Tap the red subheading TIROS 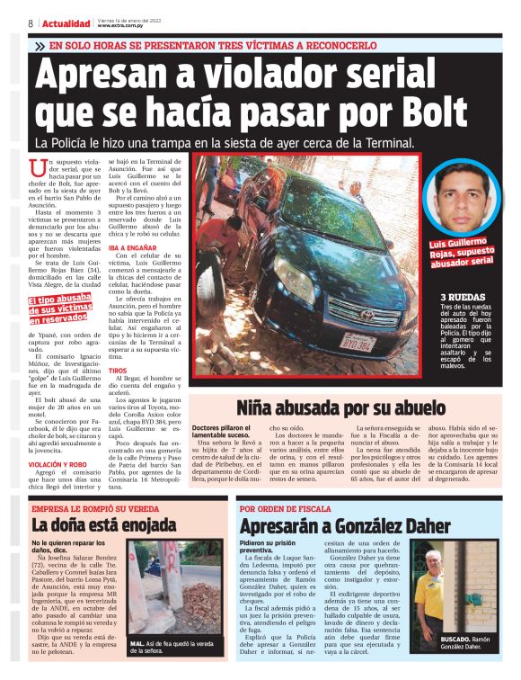coord(117,371)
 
